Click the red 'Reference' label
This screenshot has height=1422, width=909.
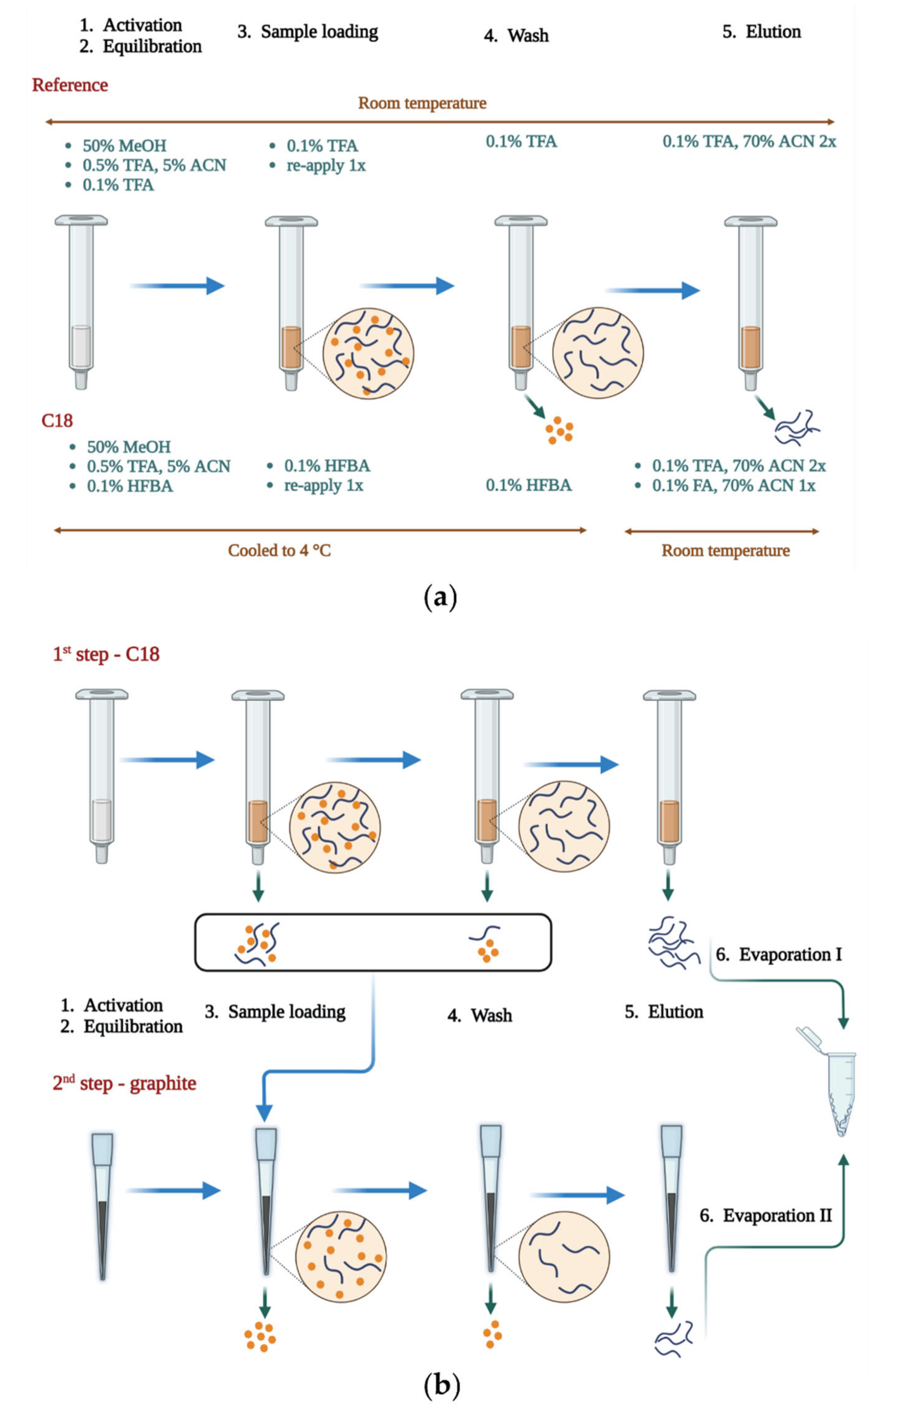tap(70, 85)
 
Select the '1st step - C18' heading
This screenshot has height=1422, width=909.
tap(106, 654)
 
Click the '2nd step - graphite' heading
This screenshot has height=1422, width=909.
tap(124, 1084)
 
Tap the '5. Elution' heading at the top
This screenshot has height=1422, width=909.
tap(762, 32)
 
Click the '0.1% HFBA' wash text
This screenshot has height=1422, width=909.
tap(528, 485)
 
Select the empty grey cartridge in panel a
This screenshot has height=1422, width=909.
tap(81, 301)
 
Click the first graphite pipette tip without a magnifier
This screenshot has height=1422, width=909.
tap(102, 1205)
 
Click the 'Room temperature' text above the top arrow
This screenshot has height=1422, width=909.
tap(422, 103)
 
